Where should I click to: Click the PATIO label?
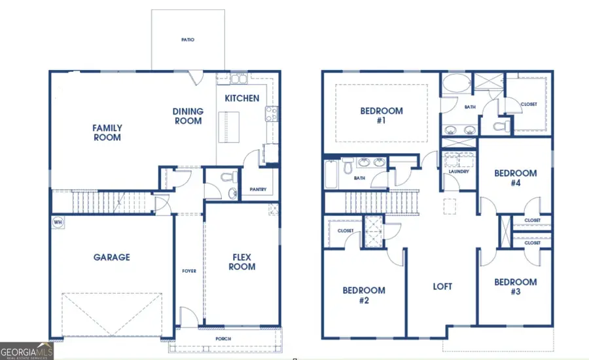point(188,40)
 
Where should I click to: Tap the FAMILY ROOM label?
point(107,133)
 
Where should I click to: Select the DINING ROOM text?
point(188,116)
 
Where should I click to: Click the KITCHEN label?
point(242,99)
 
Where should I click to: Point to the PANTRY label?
point(258,190)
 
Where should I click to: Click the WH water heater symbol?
point(58,222)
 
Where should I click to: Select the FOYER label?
point(188,270)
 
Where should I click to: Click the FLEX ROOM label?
point(242,262)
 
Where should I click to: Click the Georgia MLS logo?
point(27,351)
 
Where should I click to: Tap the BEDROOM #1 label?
point(382,116)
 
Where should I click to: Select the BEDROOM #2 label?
point(364,295)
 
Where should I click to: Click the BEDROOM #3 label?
point(515,287)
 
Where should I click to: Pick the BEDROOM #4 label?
point(515,178)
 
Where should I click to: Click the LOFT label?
point(442,287)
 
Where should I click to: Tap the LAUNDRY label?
point(459,171)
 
